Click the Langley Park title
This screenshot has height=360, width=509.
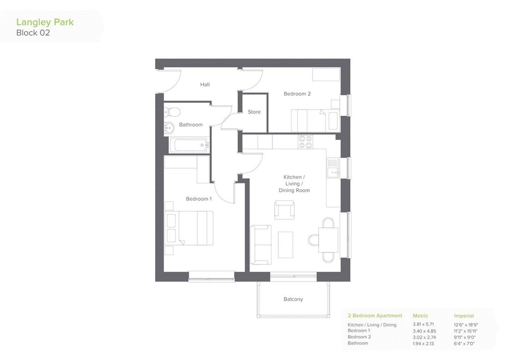(45, 22)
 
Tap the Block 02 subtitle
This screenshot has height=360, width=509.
(33, 33)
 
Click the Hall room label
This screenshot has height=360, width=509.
(205, 85)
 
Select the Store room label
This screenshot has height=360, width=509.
(254, 112)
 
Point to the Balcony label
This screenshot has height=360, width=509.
(293, 299)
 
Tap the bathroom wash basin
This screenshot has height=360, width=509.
(169, 128)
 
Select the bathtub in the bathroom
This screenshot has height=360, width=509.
(188, 145)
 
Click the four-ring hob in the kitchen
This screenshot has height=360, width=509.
(306, 142)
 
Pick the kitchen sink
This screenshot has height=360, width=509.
(333, 168)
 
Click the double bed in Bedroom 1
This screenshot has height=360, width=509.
(189, 228)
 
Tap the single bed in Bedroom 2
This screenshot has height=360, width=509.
(315, 121)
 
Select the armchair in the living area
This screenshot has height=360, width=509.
(284, 210)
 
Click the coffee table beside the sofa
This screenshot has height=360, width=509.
(286, 245)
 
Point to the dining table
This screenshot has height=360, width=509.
(328, 240)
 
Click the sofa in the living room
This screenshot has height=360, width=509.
(260, 245)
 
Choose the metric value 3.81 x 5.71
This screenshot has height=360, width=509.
(424, 324)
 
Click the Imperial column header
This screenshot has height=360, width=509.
(464, 316)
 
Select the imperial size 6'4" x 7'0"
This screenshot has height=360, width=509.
(464, 344)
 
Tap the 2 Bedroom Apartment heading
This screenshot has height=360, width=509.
(375, 316)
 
